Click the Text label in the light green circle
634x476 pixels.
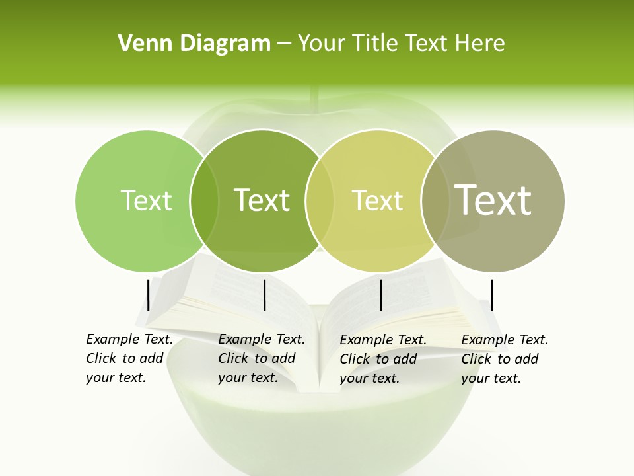(146, 200)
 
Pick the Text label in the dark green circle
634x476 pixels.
(262, 200)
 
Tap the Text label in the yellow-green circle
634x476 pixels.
(377, 200)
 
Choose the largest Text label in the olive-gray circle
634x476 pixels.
(493, 200)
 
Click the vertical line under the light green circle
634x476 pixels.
(149, 295)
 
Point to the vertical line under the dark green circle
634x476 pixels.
(264, 295)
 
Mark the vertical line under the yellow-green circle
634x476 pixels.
(381, 295)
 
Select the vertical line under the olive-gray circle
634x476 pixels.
(491, 295)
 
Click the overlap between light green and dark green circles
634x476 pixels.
(204, 200)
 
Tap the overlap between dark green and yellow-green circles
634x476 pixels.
(320, 200)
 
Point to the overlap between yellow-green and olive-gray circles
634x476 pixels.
(433, 200)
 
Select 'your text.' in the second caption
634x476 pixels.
(248, 377)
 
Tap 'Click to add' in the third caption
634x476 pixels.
(378, 359)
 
